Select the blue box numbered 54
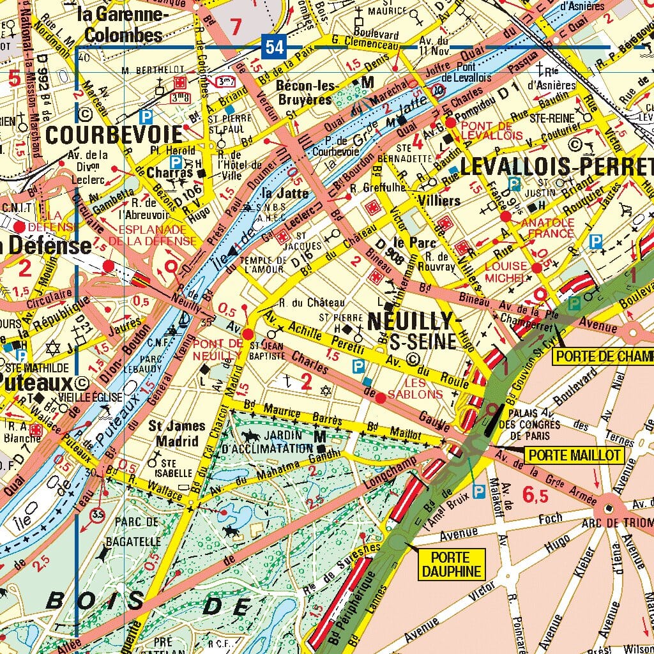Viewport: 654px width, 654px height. coord(273,47)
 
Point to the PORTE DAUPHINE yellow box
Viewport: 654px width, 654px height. coord(452,564)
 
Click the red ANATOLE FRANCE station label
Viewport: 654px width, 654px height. coord(548,228)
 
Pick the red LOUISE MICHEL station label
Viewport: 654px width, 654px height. coord(507,271)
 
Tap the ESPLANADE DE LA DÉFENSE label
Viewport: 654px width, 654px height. coord(152,234)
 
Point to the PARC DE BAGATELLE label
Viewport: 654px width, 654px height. coord(137,532)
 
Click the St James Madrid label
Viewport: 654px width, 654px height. coord(177,434)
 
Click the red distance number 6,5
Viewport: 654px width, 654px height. coord(535,494)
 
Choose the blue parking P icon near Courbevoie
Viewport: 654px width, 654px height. coord(146,116)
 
